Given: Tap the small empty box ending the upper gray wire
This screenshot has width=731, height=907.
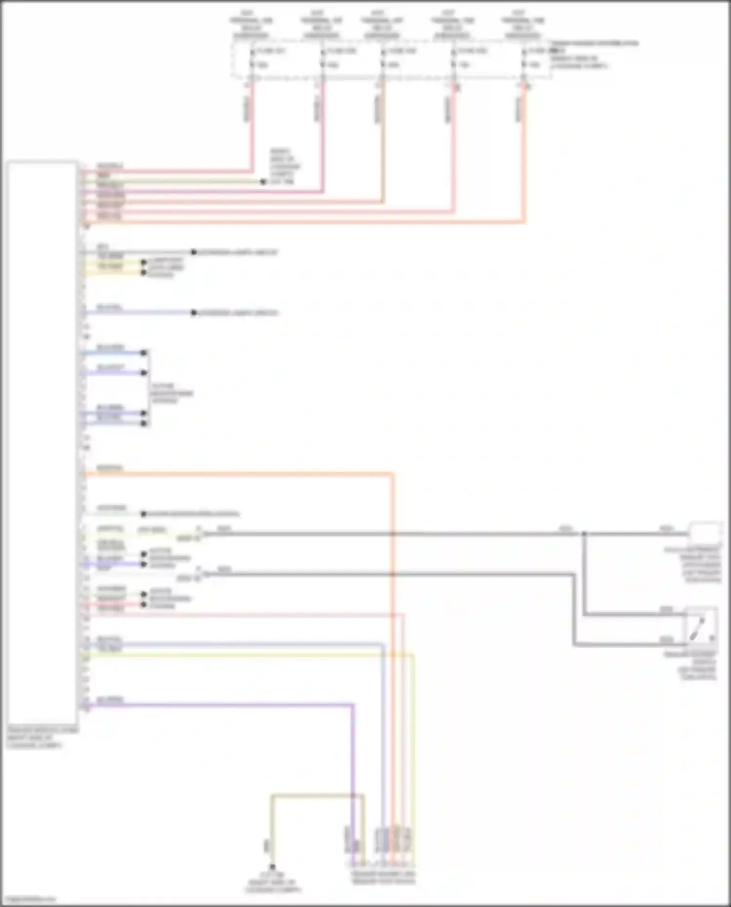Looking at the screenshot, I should tap(705, 532).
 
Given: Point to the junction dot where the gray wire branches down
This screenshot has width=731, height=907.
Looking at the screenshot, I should tap(584, 534).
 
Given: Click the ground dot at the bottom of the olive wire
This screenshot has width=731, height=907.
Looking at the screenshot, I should tap(272, 867).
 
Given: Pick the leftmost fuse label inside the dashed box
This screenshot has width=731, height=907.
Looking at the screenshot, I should tap(270, 51).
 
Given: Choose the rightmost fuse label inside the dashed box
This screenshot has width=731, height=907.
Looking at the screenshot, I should tap(538, 51).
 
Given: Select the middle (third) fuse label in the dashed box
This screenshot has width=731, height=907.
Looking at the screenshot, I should tap(402, 51).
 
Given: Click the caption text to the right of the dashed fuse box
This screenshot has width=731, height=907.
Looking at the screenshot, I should tap(594, 54).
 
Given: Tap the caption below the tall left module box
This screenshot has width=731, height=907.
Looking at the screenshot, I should tap(42, 737).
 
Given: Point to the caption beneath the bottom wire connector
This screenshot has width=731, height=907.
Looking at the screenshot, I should tap(383, 878).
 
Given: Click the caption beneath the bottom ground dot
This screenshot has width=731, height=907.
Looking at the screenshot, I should tap(273, 883).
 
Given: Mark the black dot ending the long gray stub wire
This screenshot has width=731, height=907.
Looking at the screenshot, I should tap(193, 252).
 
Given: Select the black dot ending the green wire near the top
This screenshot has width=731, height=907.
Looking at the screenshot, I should tap(263, 182).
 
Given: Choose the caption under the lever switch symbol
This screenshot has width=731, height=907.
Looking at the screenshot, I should tap(696, 665).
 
